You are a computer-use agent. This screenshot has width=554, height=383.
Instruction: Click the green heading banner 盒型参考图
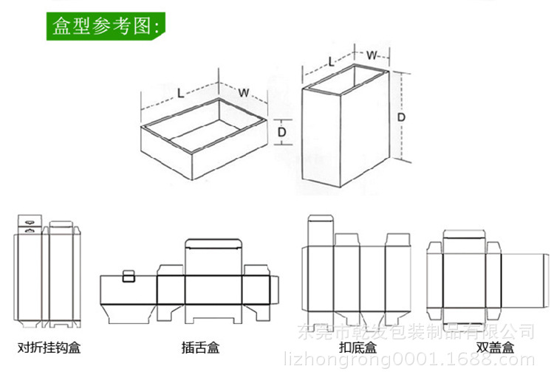pyautogui.click(x=106, y=27)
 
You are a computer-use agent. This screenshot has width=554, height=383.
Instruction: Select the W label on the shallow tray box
pyautogui.click(x=243, y=93)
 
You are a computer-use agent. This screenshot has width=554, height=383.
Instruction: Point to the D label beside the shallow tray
pyautogui.click(x=281, y=131)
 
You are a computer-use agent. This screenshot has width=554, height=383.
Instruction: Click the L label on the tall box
pyautogui.click(x=330, y=63)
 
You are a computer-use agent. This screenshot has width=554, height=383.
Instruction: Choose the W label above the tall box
pyautogui.click(x=372, y=55)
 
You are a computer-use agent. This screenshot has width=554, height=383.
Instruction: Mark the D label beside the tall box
pyautogui.click(x=401, y=117)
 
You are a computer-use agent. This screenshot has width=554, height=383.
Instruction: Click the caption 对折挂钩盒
pyautogui.click(x=49, y=347)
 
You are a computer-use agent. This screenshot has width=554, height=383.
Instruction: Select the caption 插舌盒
pyautogui.click(x=200, y=347)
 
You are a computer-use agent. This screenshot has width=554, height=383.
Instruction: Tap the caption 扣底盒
pyautogui.click(x=358, y=347)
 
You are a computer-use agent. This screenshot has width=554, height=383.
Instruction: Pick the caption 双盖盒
pyautogui.click(x=495, y=347)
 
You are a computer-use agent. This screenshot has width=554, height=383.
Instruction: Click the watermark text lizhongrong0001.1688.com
pyautogui.click(x=409, y=361)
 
